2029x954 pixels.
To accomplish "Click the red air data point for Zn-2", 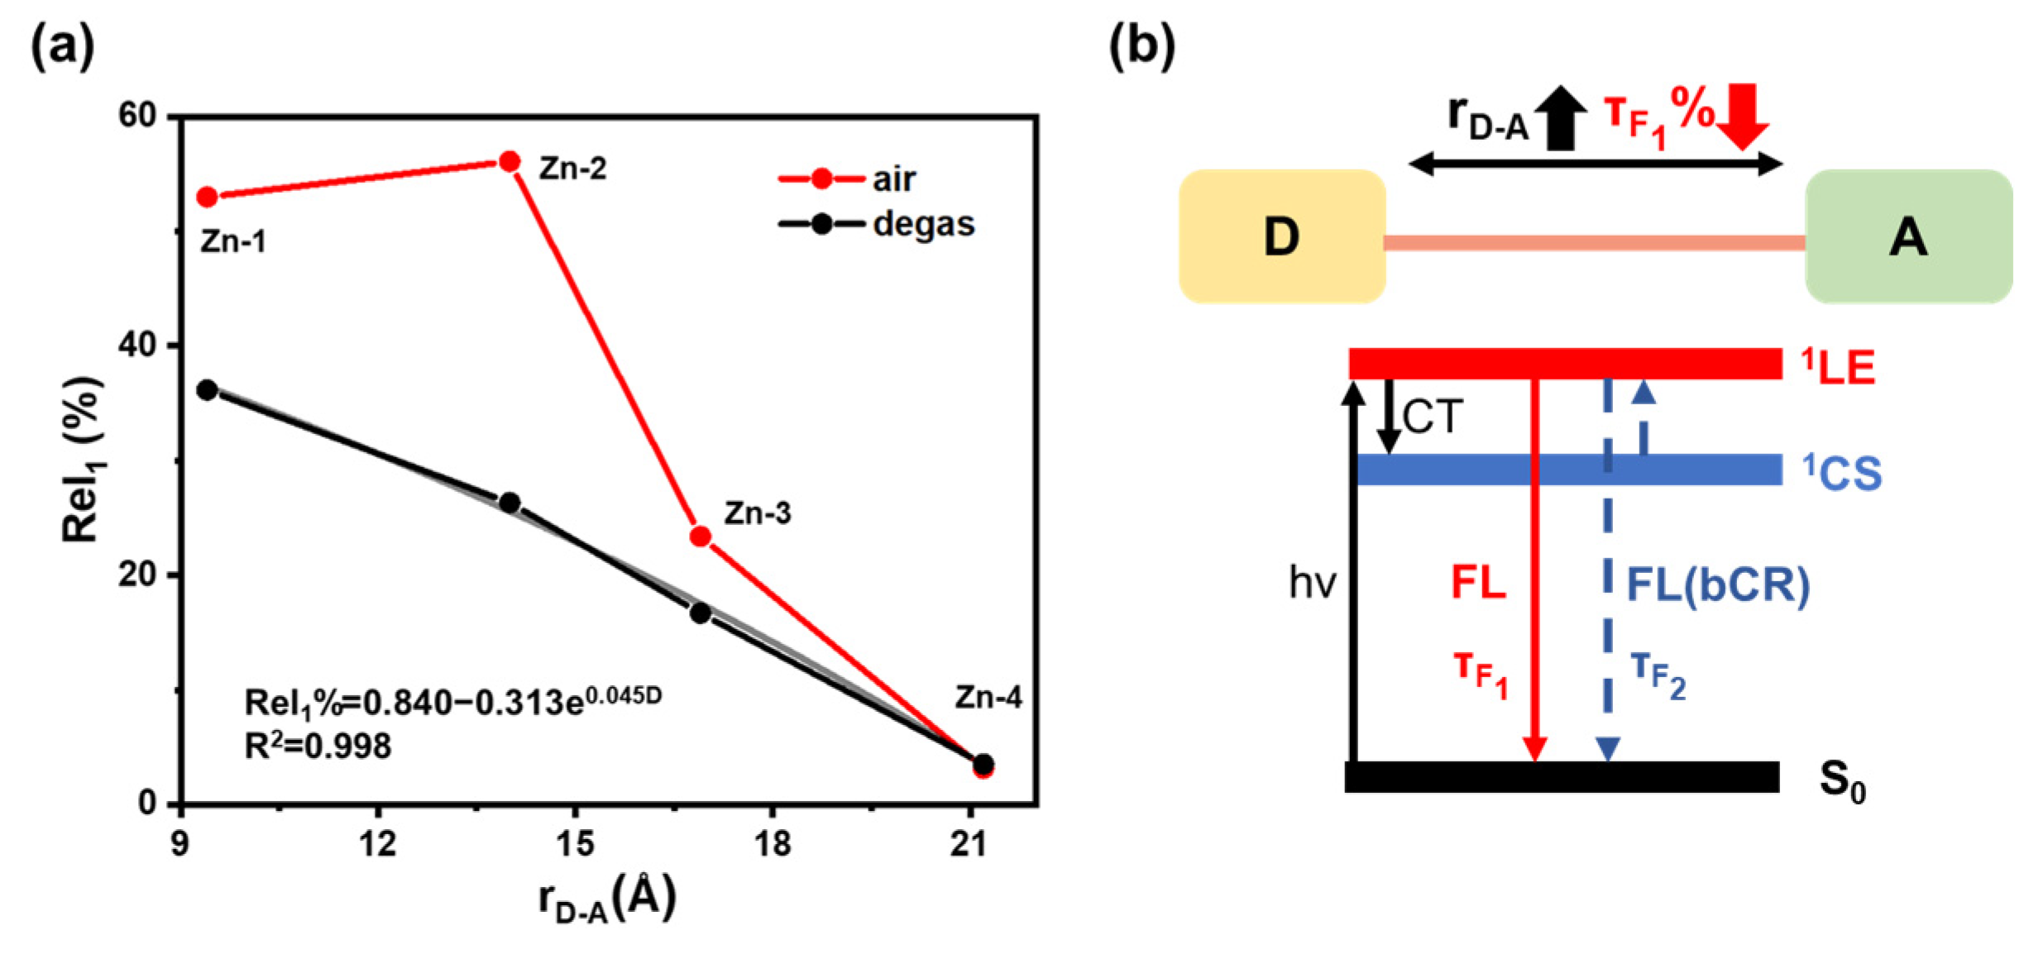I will click(510, 162).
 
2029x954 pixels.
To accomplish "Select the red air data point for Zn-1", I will click(207, 197).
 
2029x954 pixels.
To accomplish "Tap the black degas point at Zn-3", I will click(701, 613).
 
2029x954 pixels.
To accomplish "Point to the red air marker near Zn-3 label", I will click(701, 537).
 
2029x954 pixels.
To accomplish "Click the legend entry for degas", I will click(878, 224).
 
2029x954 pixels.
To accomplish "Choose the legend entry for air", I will click(848, 179).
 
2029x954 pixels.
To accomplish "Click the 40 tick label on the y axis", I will click(137, 346).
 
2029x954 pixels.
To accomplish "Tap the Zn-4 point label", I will click(988, 698).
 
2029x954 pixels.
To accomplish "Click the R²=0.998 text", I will click(318, 747).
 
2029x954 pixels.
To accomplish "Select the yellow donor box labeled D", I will click(1281, 237).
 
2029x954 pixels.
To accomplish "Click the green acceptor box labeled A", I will click(1907, 237).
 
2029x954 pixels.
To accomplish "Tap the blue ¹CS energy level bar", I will click(1568, 470).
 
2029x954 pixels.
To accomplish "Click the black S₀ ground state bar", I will click(1562, 777).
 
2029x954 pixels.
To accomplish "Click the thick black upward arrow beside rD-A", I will click(1561, 117).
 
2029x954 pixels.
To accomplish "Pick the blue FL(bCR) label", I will click(1718, 585).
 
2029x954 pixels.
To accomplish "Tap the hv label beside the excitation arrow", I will click(1313, 584).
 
